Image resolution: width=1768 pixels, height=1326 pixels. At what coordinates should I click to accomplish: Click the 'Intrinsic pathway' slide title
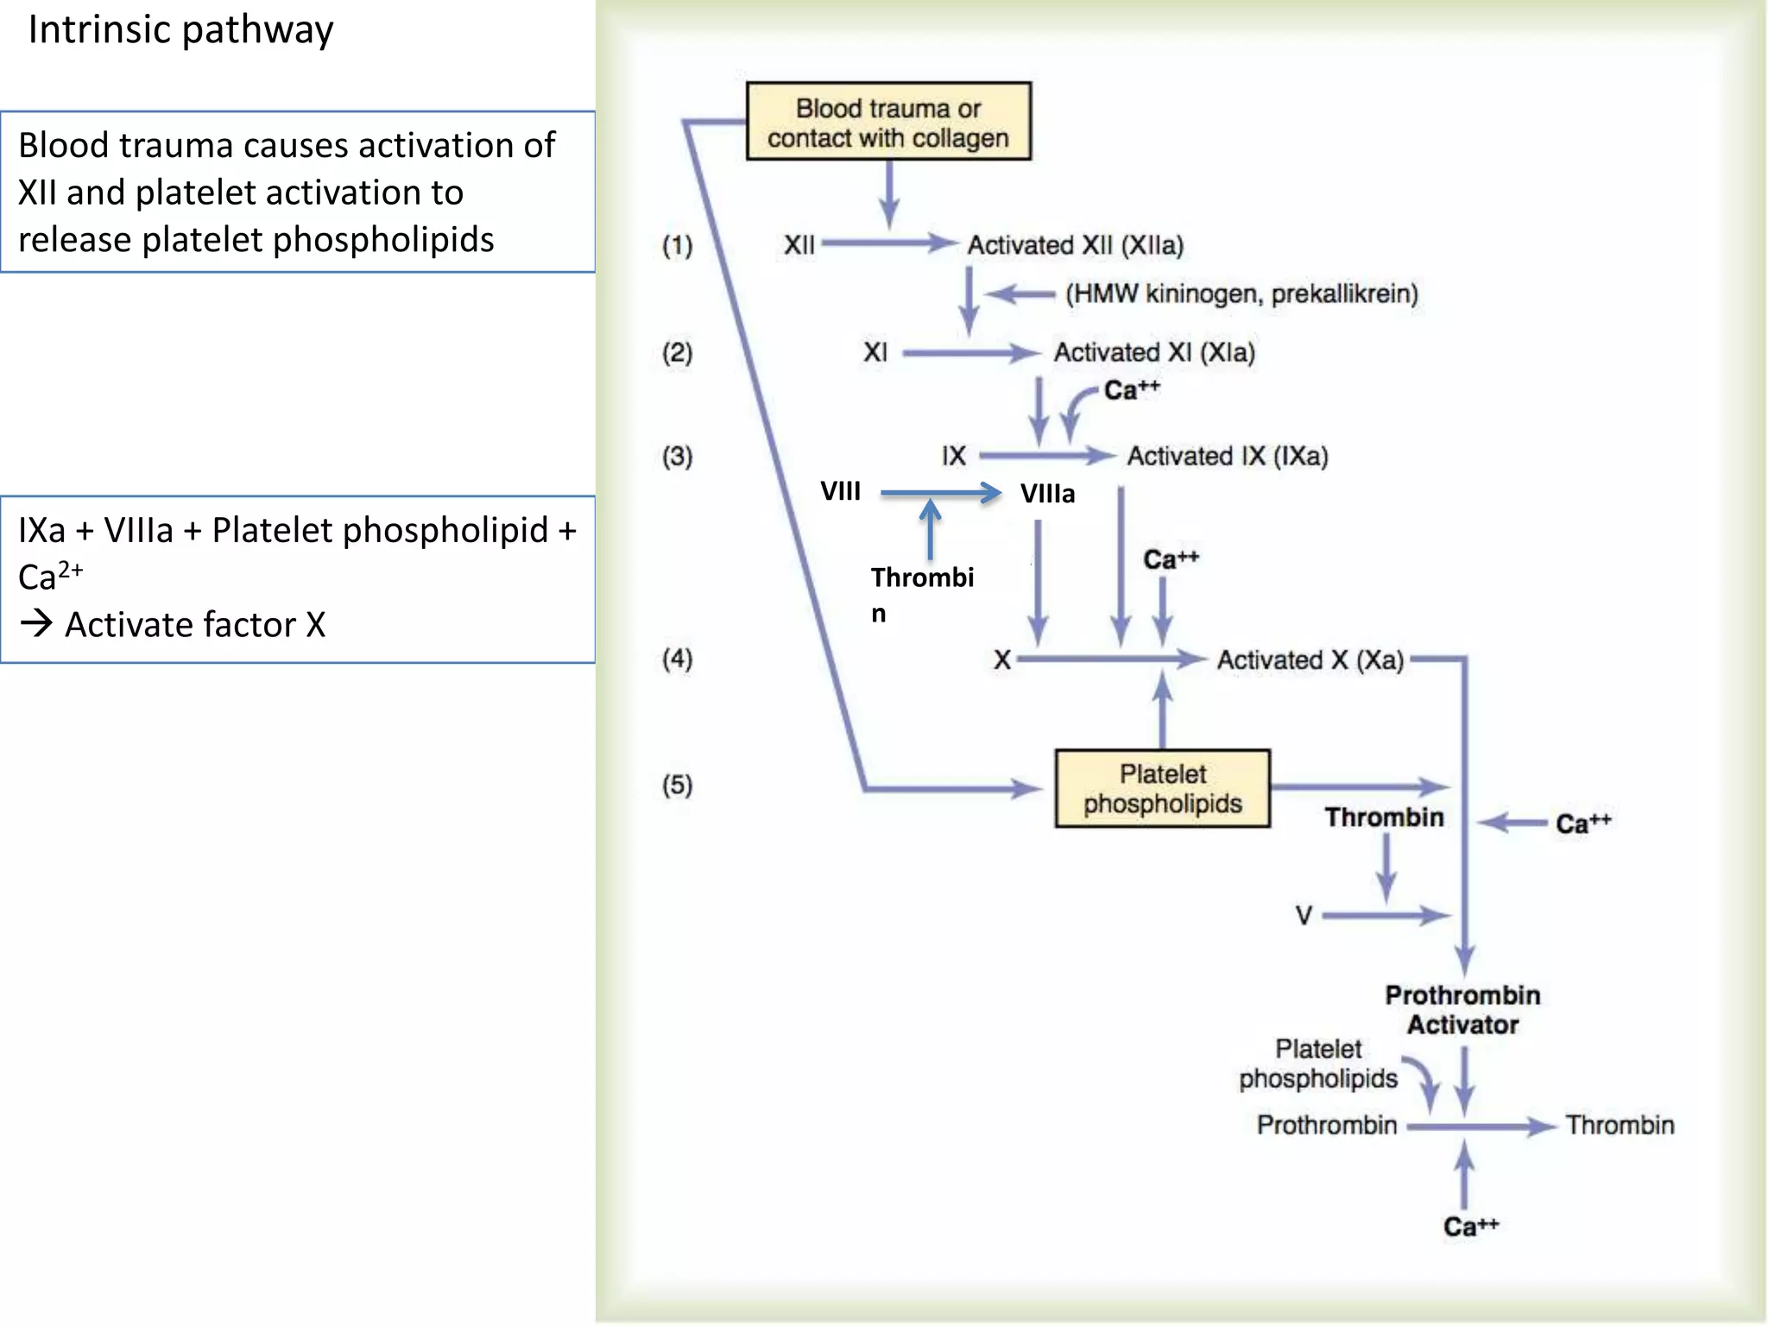[180, 30]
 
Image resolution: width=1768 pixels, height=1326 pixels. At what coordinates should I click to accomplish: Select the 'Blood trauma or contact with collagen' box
[887, 122]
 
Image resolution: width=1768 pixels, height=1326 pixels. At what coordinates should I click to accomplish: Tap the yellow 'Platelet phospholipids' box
[1162, 788]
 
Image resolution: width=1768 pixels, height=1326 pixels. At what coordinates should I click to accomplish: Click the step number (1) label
[677, 245]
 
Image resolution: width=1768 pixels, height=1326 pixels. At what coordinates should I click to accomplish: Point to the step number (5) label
[677, 785]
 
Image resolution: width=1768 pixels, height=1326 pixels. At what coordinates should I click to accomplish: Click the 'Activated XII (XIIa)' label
[1075, 245]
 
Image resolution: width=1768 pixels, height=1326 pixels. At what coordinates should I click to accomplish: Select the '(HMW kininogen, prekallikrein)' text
[1241, 294]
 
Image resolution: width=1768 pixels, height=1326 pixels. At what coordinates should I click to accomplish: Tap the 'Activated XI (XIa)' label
[1154, 352]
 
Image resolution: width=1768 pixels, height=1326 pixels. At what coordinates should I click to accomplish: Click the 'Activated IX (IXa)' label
[1227, 456]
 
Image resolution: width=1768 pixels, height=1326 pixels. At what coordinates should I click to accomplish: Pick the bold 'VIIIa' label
[1047, 494]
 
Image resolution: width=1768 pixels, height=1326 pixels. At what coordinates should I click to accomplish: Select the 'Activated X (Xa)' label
[1310, 660]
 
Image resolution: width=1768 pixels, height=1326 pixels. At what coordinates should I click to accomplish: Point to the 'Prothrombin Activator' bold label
[1462, 1010]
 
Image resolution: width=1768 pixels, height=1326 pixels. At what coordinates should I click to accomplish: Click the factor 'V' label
[1304, 915]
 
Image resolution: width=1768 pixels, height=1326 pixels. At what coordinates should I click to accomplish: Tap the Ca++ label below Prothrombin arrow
[1470, 1227]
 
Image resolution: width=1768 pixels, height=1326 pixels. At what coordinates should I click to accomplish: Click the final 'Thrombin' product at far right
[1620, 1126]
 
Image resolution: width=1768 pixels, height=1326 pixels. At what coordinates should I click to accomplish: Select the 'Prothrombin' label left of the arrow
[1326, 1126]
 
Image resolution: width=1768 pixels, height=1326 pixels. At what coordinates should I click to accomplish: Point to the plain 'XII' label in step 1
[799, 245]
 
